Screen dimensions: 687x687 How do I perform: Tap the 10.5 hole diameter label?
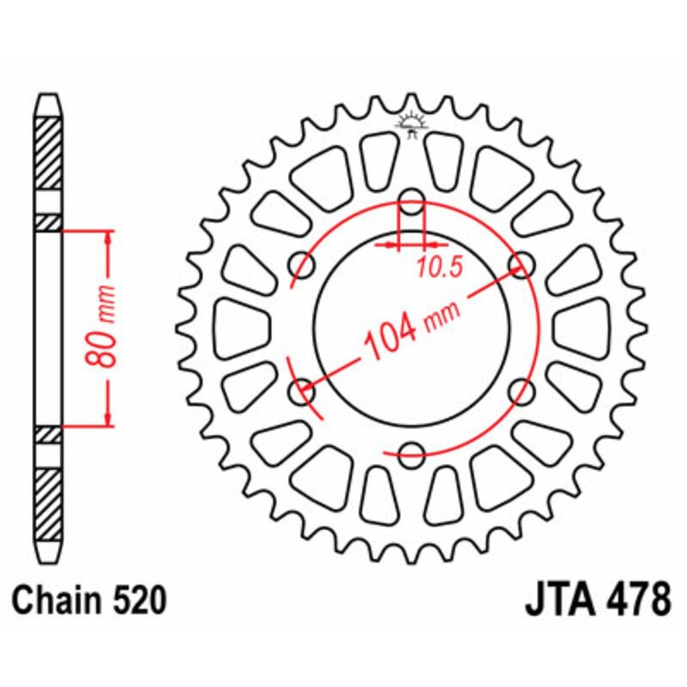440,267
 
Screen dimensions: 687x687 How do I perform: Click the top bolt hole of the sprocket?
412,207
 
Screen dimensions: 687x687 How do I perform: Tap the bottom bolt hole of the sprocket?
412,450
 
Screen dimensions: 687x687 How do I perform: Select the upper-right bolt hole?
519,264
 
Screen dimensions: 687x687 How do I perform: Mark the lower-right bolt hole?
519,392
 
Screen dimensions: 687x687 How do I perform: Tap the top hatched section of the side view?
48,151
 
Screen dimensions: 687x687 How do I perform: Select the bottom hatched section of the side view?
48,503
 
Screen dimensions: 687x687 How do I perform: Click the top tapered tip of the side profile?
48,102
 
